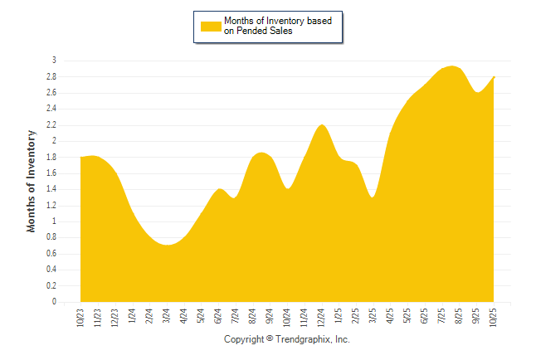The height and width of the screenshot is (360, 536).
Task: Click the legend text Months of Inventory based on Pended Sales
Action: click(278, 26)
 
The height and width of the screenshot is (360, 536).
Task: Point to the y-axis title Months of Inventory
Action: click(32, 181)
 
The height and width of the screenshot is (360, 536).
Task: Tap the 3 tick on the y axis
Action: click(54, 61)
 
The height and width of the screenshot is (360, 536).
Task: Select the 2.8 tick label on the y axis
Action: click(51, 76)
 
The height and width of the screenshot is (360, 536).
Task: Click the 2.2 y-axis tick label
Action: click(51, 124)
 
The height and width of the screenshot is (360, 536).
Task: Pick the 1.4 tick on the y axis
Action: click(51, 189)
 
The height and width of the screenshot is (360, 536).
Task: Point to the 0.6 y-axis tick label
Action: click(51, 254)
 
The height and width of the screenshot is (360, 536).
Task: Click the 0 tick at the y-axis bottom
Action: click(54, 302)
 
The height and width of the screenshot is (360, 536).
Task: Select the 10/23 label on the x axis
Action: click(80, 318)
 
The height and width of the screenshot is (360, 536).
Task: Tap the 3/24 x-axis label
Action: click(167, 317)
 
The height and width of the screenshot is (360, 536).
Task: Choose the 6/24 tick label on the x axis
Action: click(219, 317)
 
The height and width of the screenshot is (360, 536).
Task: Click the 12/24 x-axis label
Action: click(322, 318)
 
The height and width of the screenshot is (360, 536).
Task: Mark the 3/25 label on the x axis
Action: click(374, 317)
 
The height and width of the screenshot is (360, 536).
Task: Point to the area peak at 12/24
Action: click(322, 126)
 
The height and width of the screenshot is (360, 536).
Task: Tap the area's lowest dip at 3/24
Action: click(168, 246)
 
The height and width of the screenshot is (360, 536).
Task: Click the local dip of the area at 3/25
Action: click(373, 197)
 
